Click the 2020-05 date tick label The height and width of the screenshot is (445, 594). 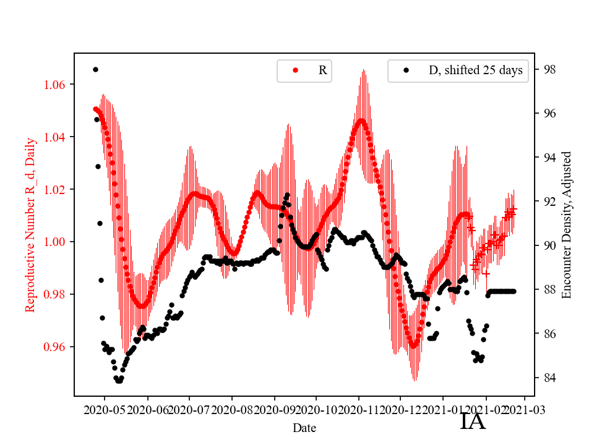point(104,409)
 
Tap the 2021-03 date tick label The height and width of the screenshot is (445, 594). point(526,409)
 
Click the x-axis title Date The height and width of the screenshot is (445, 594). point(305,428)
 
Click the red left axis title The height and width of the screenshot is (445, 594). point(30,225)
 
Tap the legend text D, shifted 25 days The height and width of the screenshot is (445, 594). point(475,70)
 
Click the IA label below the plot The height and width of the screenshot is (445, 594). point(473,422)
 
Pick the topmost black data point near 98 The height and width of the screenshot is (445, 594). point(95,69)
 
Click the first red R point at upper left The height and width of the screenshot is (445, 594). point(95,109)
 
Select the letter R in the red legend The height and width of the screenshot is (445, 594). point(322,70)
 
